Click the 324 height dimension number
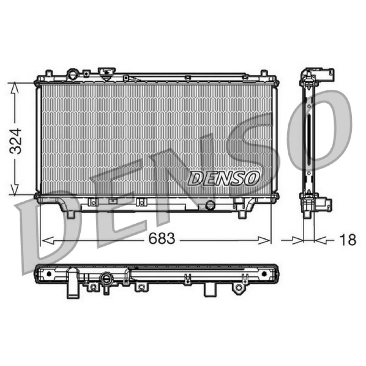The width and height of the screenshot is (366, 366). [x=16, y=141]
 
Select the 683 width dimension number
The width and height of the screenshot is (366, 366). [x=162, y=238]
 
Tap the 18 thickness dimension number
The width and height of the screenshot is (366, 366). [x=348, y=240]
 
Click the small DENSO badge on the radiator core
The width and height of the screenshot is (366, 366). [x=223, y=178]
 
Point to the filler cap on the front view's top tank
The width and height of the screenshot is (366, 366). [x=107, y=74]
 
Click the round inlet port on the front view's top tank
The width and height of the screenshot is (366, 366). [x=73, y=74]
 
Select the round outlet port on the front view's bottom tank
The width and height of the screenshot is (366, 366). [x=210, y=205]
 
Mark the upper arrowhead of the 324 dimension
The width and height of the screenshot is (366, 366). [x=15, y=88]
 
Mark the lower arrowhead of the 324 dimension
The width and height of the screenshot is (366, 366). [x=15, y=189]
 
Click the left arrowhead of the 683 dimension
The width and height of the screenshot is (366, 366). [x=48, y=240]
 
